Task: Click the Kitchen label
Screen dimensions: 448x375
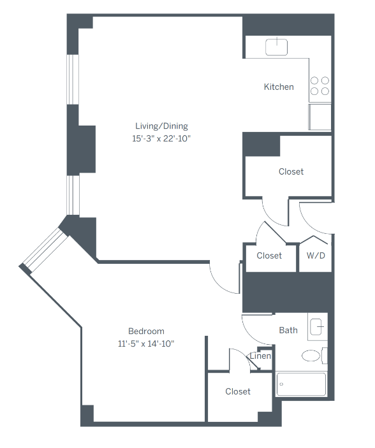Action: (279, 87)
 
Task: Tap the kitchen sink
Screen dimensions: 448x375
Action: (276, 47)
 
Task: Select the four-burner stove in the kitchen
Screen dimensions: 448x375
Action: (320, 86)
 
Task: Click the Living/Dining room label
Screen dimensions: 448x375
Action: (161, 126)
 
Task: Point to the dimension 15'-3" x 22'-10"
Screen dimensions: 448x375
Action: (161, 138)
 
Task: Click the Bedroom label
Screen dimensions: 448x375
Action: (146, 331)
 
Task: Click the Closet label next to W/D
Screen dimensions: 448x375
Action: (269, 256)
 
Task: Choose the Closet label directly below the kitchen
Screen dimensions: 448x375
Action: (291, 171)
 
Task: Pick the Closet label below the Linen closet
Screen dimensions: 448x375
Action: (238, 391)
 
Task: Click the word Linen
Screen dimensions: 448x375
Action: (260, 356)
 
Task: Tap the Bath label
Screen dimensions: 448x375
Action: (288, 330)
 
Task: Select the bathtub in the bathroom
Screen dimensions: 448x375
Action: (301, 384)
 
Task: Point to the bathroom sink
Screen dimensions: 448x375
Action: (317, 326)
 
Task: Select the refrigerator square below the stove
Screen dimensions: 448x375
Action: (320, 117)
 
